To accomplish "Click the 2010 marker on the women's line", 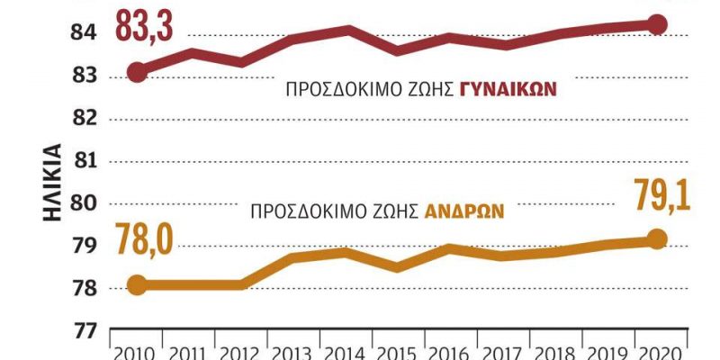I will [137, 72].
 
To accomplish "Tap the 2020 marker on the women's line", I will [657, 24].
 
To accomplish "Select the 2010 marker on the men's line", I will [137, 285].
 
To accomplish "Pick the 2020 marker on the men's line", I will [657, 238].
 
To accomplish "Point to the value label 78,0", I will [145, 243].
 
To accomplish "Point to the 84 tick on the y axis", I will [83, 33].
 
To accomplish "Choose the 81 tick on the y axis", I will [83, 161].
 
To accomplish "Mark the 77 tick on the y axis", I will [83, 331].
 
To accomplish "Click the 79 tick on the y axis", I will [83, 246].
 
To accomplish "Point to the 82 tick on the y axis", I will [83, 119].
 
